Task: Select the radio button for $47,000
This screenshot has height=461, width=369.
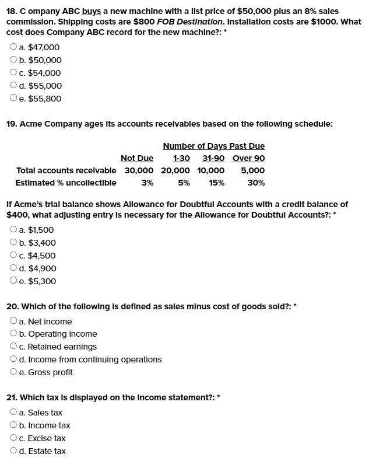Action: (x=13, y=47)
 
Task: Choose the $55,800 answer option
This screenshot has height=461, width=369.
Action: (x=13, y=99)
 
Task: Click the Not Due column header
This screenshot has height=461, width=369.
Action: (x=137, y=158)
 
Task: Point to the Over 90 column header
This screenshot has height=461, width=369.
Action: (x=248, y=158)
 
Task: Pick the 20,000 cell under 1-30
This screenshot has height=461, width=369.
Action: (x=175, y=170)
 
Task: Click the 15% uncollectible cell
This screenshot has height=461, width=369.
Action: (x=217, y=183)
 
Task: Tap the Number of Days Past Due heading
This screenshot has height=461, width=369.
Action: (x=213, y=146)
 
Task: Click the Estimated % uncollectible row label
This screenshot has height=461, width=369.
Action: (x=66, y=183)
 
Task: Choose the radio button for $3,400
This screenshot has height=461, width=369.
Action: (x=13, y=243)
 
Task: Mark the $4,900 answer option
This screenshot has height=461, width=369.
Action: (x=13, y=268)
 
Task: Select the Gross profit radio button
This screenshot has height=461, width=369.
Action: (x=13, y=372)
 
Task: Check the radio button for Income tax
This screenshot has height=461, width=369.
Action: (x=13, y=425)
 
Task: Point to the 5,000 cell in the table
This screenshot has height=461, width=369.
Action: (x=253, y=170)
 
